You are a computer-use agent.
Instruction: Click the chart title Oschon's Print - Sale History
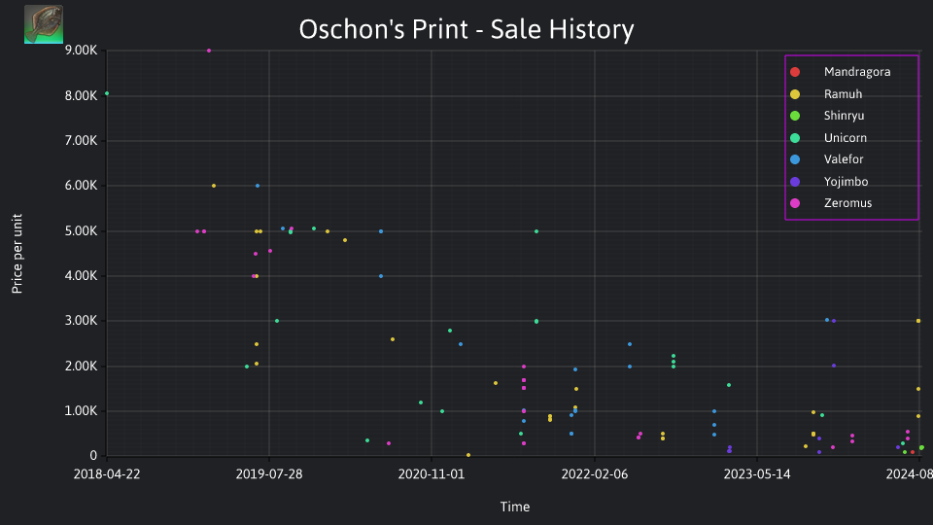click(x=466, y=29)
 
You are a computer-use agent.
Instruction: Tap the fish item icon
click(x=44, y=24)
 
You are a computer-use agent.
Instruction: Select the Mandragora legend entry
click(x=840, y=72)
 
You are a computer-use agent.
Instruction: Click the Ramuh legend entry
click(x=826, y=94)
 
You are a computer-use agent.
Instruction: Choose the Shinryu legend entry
click(x=827, y=116)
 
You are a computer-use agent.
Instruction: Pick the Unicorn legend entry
click(x=828, y=137)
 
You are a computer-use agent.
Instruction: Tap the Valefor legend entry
click(x=826, y=158)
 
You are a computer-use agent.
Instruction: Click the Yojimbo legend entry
click(x=829, y=182)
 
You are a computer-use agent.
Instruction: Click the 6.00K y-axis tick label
click(x=81, y=185)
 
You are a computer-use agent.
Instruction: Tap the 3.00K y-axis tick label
click(x=81, y=320)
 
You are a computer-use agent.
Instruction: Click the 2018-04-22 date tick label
click(x=107, y=473)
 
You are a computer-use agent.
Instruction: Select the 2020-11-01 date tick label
click(x=432, y=473)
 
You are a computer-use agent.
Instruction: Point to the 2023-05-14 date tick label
click(x=757, y=473)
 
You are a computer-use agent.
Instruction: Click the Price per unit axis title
click(x=17, y=254)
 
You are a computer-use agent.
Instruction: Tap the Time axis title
click(x=515, y=507)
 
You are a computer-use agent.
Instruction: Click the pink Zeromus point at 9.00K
click(x=209, y=51)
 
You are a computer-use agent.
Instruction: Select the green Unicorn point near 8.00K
click(x=107, y=93)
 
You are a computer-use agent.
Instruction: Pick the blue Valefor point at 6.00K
click(x=258, y=186)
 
